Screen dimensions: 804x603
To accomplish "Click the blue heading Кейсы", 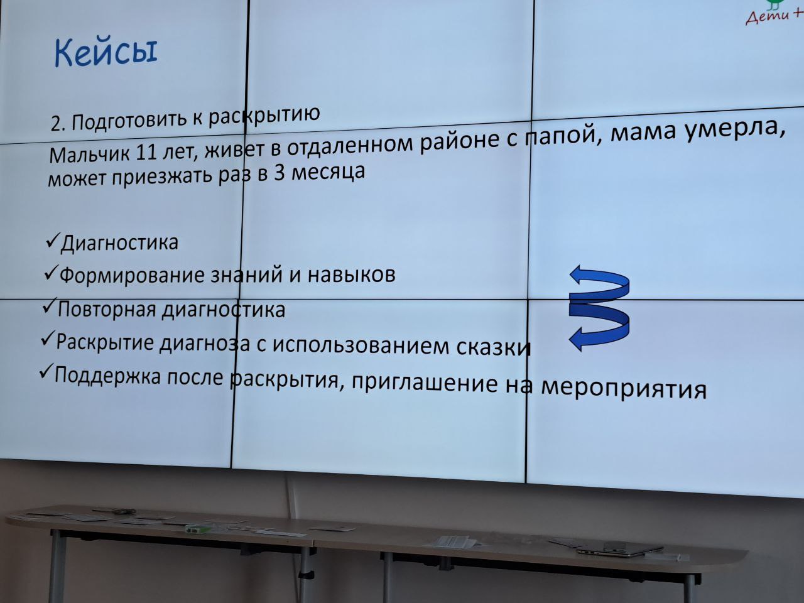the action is coord(106,52).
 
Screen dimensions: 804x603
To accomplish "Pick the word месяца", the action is coord(328,171).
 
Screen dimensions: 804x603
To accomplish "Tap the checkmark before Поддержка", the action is coord(46,372).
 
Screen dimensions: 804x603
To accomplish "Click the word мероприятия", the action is coord(624,389).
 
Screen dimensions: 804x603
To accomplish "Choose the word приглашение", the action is coord(424,383).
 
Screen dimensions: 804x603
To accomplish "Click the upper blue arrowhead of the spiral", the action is coord(580,275).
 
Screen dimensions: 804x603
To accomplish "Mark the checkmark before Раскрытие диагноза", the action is coord(48,339).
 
